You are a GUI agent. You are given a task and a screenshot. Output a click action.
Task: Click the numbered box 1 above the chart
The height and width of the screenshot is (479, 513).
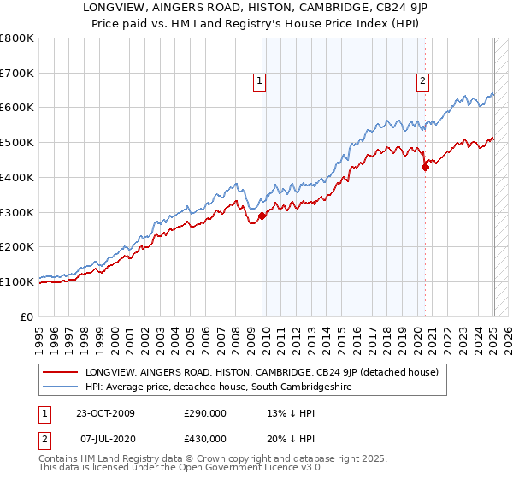[x=259, y=82]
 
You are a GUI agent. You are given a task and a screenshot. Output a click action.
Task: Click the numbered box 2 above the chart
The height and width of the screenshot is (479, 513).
[x=422, y=82]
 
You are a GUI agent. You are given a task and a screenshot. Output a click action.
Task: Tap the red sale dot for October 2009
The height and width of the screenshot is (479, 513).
[x=262, y=216]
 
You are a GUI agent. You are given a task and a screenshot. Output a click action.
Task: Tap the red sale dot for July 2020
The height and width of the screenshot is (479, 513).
[x=425, y=168]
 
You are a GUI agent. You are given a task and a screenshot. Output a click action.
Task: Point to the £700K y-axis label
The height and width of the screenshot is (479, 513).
[x=17, y=74]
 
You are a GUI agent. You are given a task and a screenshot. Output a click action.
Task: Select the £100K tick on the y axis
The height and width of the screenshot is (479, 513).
[x=17, y=281]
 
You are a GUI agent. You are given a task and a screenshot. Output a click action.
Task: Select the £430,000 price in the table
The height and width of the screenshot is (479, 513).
[x=205, y=439]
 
